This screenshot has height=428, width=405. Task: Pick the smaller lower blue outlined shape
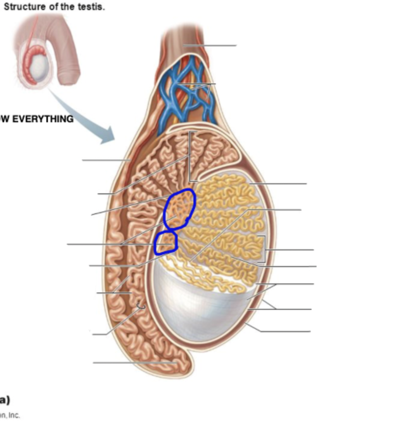(x=166, y=243)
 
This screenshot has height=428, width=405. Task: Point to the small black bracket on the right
(x=263, y=249)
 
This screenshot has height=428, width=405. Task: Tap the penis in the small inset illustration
(x=68, y=50)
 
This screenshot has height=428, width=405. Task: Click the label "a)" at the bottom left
(x=5, y=400)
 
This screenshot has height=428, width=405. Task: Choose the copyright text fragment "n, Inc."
(x=10, y=416)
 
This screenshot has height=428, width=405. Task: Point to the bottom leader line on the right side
(x=285, y=331)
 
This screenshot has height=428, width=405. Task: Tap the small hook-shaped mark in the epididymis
(x=141, y=307)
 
